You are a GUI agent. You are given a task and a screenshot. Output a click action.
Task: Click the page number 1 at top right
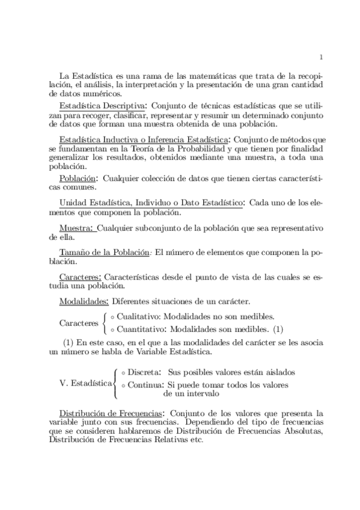point(322,58)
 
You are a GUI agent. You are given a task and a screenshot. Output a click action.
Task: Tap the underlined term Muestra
point(76,229)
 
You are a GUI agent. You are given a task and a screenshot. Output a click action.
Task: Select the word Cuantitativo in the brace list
point(142,329)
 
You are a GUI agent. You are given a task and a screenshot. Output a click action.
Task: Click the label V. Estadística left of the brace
point(86,382)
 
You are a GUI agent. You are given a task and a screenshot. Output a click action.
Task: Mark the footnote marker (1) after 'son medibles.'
point(278,329)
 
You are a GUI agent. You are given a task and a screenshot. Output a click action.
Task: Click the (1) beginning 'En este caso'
point(70,343)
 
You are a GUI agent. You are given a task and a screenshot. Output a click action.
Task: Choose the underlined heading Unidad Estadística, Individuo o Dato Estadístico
point(151,204)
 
